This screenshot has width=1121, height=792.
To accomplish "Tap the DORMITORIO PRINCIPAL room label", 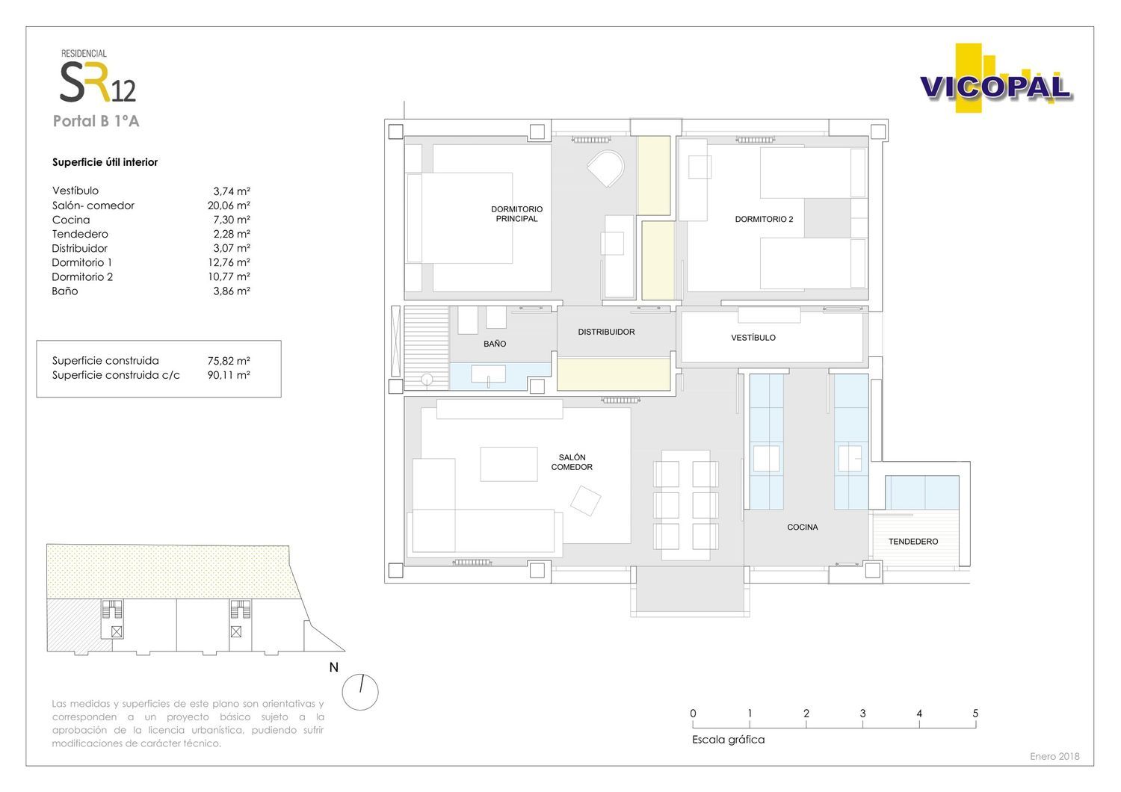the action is [516, 214].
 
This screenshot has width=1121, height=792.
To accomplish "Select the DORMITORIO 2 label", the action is [764, 219].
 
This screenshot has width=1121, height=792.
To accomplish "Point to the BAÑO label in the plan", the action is [495, 344].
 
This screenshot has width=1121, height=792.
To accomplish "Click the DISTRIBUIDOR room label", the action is [606, 332].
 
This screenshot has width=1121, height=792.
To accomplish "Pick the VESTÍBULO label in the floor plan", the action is [753, 338].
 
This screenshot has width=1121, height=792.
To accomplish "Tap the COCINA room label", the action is [802, 527].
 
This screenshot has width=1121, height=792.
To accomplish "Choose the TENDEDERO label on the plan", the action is [912, 542].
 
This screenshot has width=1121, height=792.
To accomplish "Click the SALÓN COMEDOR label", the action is [572, 462].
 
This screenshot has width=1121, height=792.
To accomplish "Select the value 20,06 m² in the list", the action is [229, 205].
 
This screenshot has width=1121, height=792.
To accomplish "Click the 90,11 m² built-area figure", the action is [229, 375].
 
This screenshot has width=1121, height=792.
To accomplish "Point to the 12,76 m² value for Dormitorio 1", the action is [229, 262].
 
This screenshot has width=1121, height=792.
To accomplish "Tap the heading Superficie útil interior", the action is [105, 162].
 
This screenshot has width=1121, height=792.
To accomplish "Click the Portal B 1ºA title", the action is [96, 121].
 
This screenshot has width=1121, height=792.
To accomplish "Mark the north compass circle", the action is [359, 692].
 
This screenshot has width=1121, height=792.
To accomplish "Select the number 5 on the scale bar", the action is [975, 713].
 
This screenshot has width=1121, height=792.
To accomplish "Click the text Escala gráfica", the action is [728, 740].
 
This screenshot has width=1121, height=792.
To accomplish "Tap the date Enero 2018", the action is [1054, 756].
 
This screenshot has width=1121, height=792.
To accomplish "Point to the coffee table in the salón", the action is [508, 464].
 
